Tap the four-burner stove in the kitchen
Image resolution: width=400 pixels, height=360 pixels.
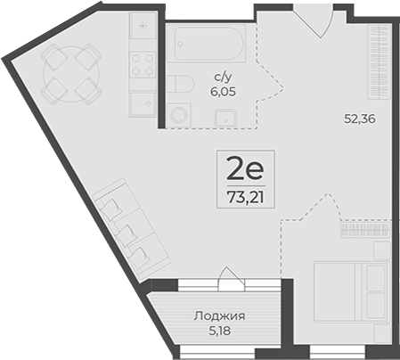point(142,63)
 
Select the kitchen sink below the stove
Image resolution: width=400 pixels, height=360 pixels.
point(142,102)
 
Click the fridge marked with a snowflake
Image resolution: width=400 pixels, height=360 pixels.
point(142,29)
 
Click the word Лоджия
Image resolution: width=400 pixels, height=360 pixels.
point(219,315)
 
